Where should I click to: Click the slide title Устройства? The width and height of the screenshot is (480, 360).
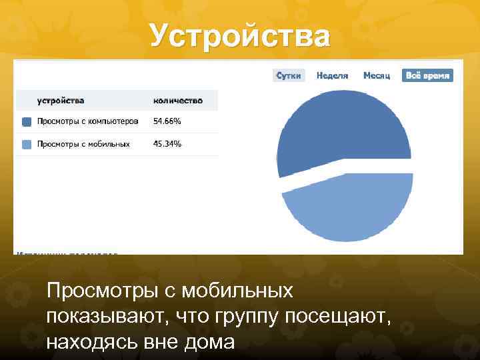click(240, 35)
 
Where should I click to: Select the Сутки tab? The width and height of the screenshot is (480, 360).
click(289, 75)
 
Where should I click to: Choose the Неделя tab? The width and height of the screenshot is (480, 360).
click(332, 75)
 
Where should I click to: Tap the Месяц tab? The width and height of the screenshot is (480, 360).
click(376, 75)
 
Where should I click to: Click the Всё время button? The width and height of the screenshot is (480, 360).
click(427, 75)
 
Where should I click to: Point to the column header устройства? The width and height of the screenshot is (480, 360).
click(61, 101)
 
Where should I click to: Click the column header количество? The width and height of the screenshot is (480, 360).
click(177, 101)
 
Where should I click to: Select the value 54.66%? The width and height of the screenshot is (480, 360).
click(167, 121)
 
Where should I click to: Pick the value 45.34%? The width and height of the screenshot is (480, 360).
click(167, 143)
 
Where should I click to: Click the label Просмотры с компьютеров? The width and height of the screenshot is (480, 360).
click(87, 121)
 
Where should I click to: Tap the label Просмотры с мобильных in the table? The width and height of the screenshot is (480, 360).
click(83, 143)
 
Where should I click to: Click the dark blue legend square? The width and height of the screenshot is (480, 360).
click(26, 122)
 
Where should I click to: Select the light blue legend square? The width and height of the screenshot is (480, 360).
click(26, 144)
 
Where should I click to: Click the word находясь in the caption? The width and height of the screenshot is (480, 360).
click(88, 342)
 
